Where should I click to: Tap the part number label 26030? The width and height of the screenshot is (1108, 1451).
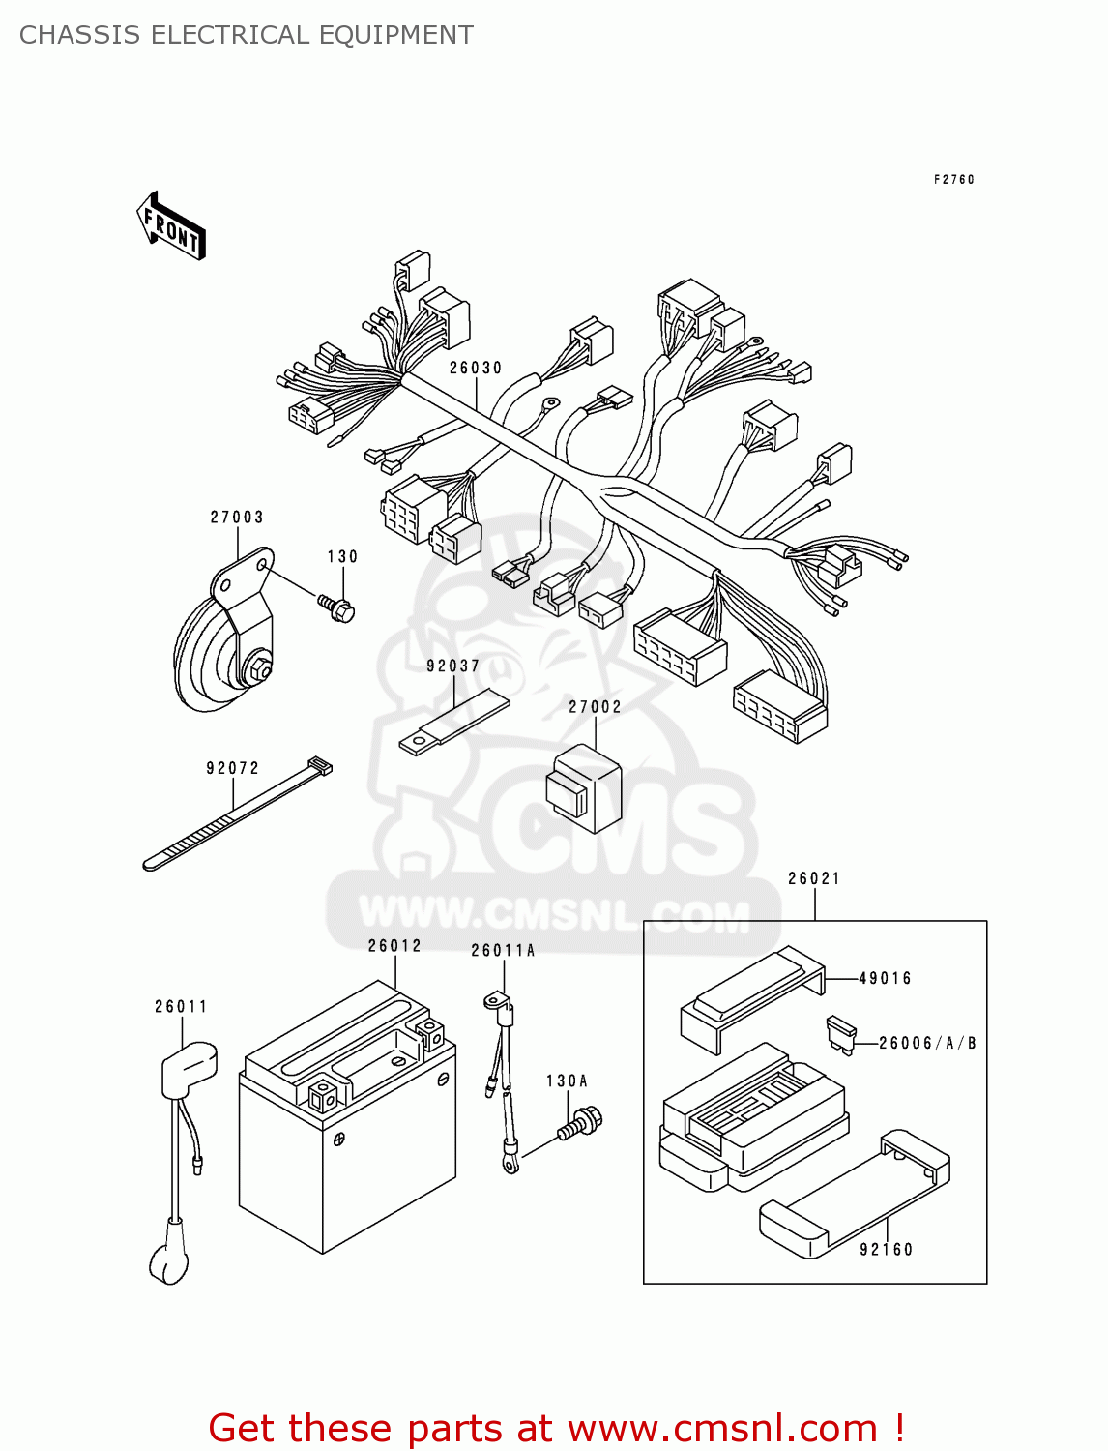coord(476,369)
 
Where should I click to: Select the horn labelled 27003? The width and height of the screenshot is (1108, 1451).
coord(225,644)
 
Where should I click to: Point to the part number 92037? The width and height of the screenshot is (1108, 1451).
coord(453,666)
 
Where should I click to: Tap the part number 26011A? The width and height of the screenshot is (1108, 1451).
coord(503,951)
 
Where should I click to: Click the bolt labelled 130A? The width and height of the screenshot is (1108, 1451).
coord(580,1126)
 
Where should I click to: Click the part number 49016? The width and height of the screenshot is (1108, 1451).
coord(885,979)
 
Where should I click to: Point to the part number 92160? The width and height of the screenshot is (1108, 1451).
coord(886,1250)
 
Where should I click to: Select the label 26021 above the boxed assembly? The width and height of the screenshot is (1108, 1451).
coord(814,879)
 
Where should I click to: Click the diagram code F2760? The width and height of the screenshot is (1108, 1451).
coord(954,180)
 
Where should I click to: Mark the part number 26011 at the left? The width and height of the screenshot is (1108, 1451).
coord(181,1007)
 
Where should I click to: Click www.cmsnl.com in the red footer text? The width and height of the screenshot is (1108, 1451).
coord(722,1428)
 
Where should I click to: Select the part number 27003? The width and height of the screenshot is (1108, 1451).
coord(237,518)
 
